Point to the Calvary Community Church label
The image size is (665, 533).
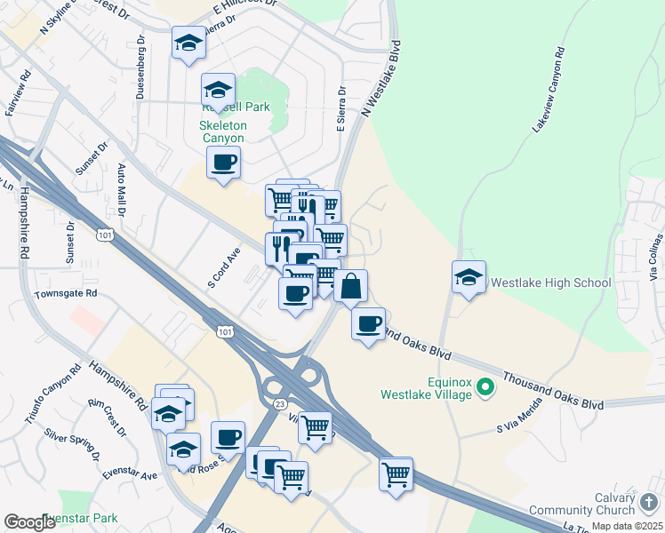click(583, 504)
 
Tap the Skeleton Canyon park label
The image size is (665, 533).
click(222, 131)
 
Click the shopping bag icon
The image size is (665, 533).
click(351, 286)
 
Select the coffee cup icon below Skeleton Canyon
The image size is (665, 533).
click(223, 163)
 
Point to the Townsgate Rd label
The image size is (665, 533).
click(65, 293)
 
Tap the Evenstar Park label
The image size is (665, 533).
click(80, 518)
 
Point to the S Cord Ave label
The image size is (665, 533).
click(224, 267)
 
